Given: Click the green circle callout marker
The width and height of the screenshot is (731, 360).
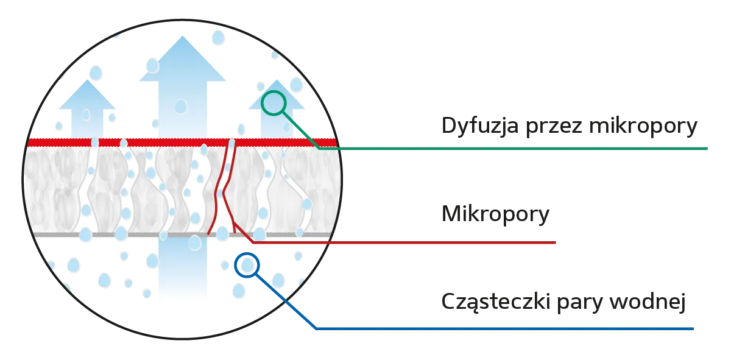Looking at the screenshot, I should [x=274, y=104].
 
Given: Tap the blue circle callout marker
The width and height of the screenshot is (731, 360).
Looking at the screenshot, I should [x=247, y=266].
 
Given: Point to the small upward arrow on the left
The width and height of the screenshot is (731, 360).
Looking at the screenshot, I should [x=87, y=110].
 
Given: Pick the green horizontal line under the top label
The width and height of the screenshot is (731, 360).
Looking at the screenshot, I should [x=524, y=148].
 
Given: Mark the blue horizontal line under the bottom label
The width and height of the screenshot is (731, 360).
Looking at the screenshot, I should [x=506, y=329].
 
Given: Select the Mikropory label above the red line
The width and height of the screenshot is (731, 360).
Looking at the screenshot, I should [x=494, y=216].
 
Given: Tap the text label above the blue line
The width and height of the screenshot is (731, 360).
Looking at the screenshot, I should [x=563, y=303].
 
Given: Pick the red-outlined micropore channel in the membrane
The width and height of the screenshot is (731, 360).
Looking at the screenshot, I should [x=224, y=189].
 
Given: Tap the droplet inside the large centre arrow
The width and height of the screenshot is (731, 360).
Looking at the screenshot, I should [x=180, y=107].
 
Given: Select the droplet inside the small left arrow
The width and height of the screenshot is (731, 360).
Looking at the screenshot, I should [x=86, y=114].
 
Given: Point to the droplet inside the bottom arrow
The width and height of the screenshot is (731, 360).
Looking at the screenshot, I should [x=194, y=242].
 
